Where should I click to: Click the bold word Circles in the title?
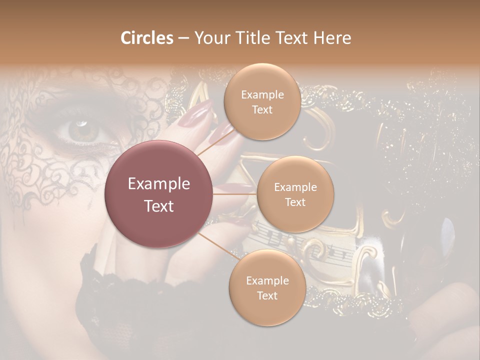146,38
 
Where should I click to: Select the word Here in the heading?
332,38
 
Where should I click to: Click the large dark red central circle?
158,194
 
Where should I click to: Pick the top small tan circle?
262,102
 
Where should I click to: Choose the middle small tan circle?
295,194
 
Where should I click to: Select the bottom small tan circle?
267,288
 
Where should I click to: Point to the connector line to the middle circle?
234,194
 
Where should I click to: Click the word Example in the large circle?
159,184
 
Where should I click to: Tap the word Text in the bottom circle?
267,295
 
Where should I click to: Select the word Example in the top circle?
262,95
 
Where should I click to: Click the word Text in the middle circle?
295,202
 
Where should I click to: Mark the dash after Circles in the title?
183,38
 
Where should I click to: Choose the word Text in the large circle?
159,205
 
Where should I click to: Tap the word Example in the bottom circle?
267,281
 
